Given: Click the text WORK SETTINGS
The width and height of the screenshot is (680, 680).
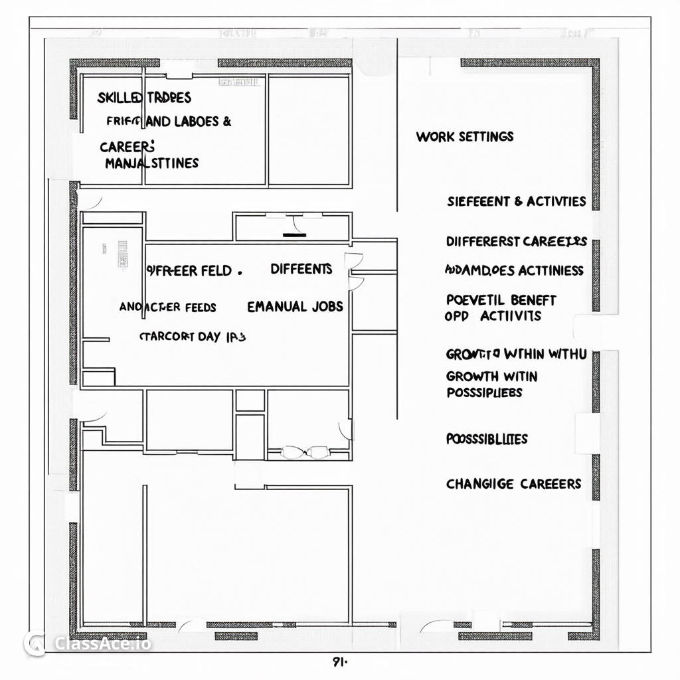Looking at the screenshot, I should (465, 137).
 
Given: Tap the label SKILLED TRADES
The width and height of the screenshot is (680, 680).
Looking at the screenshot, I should (144, 98).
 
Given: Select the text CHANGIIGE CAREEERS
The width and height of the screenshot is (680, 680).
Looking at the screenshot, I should (513, 484).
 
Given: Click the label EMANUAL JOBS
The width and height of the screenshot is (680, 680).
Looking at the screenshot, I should (295, 307).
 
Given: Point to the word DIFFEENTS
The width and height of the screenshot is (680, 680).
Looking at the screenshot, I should (301, 269).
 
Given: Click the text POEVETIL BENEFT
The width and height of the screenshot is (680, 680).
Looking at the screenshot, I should (501, 300).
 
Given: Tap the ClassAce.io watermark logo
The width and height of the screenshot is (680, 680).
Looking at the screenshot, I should (86, 643).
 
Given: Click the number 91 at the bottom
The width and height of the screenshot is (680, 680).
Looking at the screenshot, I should (339, 661).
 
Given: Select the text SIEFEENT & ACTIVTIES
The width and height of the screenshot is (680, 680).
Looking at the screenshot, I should (517, 201).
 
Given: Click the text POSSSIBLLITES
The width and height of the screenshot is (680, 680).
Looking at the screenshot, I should (487, 439).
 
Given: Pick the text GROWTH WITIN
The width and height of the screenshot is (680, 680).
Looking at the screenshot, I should (491, 377).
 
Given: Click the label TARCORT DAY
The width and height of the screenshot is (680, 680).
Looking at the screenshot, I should (193, 337).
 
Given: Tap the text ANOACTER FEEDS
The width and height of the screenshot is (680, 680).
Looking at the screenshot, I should (167, 307).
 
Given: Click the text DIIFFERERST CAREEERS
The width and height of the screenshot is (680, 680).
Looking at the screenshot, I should (516, 241).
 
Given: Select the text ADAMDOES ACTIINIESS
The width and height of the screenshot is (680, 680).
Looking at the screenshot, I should (514, 270).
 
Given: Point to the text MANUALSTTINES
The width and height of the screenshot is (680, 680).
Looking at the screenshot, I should (151, 163).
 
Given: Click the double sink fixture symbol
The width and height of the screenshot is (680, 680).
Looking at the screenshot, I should (305, 452).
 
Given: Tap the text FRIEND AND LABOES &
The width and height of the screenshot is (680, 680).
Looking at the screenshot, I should (169, 122).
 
